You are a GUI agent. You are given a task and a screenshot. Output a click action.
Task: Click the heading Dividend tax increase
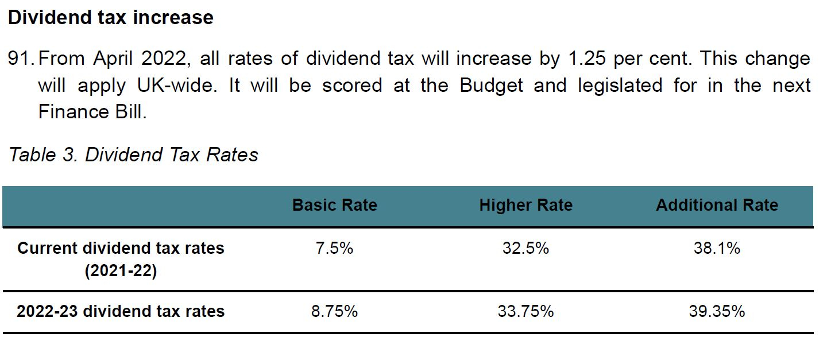pyautogui.click(x=110, y=17)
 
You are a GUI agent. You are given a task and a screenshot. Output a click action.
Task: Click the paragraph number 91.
pyautogui.click(x=21, y=59)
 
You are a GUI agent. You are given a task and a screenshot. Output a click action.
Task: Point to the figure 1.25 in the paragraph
pyautogui.click(x=588, y=59)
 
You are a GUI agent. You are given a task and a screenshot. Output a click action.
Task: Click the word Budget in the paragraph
pyautogui.click(x=491, y=86)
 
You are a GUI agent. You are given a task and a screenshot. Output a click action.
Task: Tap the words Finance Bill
pyautogui.click(x=92, y=112)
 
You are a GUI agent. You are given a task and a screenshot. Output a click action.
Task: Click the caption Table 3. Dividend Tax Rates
pyautogui.click(x=133, y=154)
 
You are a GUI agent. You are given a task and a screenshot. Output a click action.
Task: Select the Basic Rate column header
pyautogui.click(x=334, y=205)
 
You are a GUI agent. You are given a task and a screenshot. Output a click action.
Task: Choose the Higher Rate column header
pyautogui.click(x=525, y=205)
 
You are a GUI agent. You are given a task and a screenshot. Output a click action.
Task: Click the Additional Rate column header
pyautogui.click(x=717, y=205)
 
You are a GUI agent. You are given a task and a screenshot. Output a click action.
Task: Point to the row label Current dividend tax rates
pyautogui.click(x=121, y=249)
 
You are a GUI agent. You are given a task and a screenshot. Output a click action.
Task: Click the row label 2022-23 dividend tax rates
pyautogui.click(x=121, y=311)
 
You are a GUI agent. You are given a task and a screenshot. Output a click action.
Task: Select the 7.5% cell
pyautogui.click(x=334, y=249)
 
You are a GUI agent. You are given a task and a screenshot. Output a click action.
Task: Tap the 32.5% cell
pyautogui.click(x=525, y=249)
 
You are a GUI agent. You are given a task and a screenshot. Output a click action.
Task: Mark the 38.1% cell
pyautogui.click(x=717, y=249)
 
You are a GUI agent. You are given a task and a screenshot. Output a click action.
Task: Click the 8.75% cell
pyautogui.click(x=334, y=311)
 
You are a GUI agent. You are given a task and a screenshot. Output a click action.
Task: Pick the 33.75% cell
pyautogui.click(x=525, y=311)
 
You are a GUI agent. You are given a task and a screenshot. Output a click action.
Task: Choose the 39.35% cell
pyautogui.click(x=717, y=311)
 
